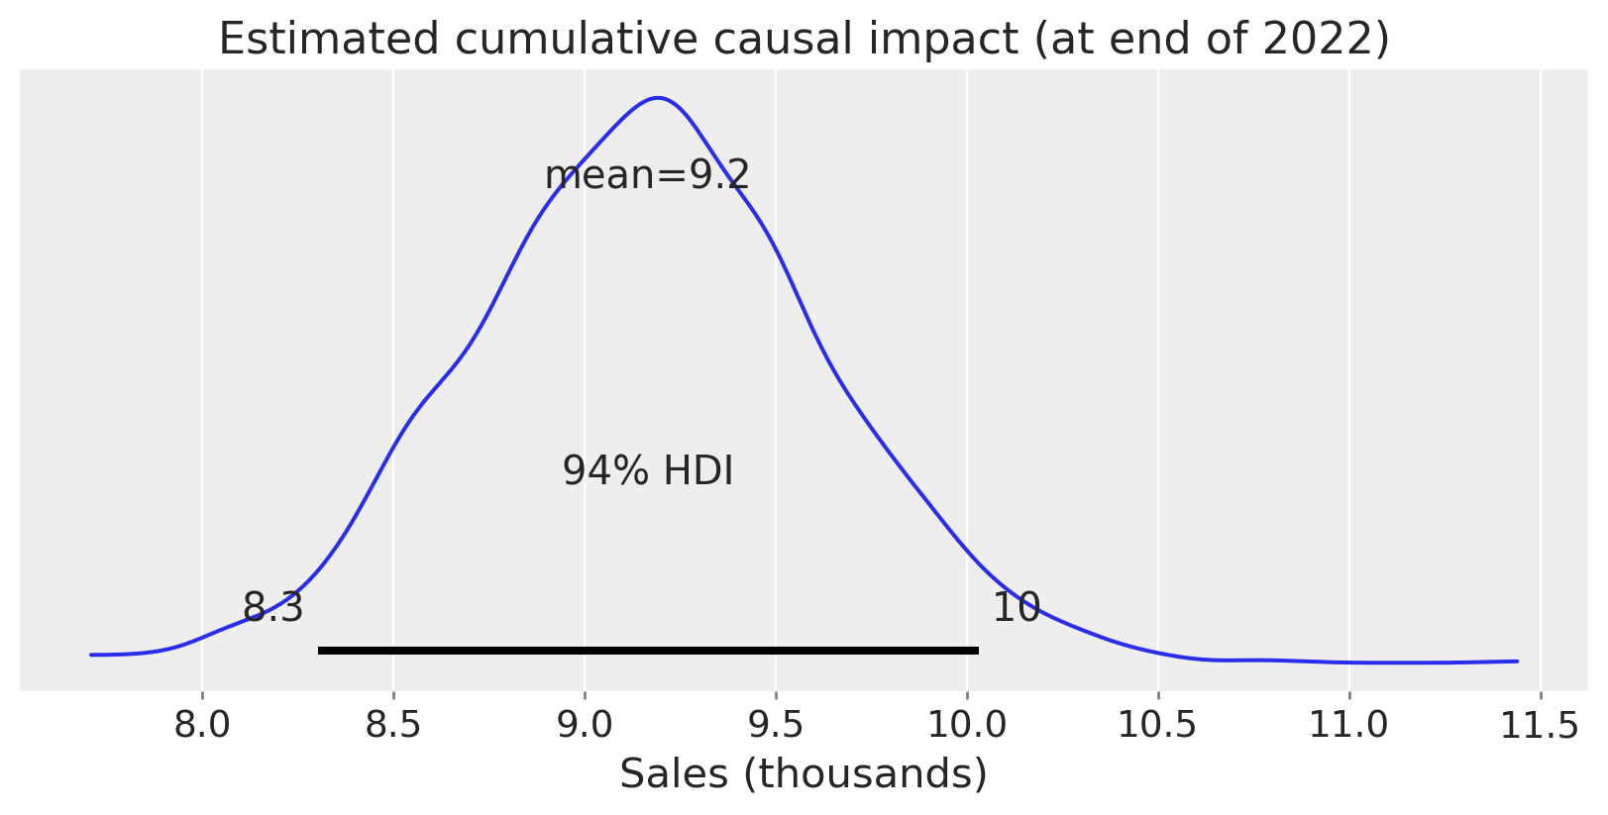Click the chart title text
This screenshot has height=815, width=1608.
(x=804, y=40)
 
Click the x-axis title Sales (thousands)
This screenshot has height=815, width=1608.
(x=804, y=774)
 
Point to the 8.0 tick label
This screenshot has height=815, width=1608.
(x=202, y=726)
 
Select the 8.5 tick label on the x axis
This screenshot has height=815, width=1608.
(x=393, y=726)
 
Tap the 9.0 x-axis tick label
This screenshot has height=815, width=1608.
(x=585, y=726)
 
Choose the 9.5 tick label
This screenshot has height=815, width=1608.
(x=776, y=726)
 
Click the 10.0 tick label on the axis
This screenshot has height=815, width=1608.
(x=967, y=726)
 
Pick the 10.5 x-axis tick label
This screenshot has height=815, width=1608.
(x=1157, y=726)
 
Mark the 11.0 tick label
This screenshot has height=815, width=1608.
(x=1348, y=726)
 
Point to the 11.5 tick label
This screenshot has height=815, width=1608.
(x=1539, y=726)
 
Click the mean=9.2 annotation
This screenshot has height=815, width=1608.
(x=647, y=176)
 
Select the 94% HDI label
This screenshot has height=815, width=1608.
(x=648, y=471)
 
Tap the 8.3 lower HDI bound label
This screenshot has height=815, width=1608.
(x=272, y=608)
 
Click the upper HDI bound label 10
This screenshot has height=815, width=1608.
(x=1016, y=608)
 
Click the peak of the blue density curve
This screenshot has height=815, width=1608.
(x=658, y=98)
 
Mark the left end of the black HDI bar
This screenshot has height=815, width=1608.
(x=320, y=651)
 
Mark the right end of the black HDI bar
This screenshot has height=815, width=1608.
(x=977, y=651)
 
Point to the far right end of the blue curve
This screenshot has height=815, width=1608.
(x=1517, y=661)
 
